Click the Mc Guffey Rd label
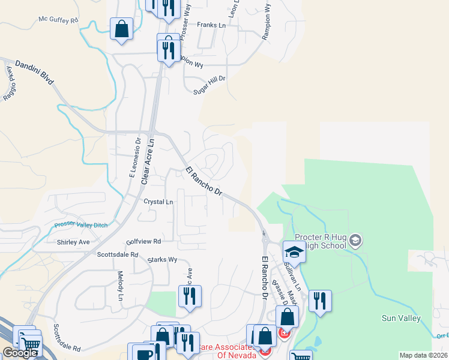[x=59, y=20]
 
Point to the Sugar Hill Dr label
[x=208, y=85]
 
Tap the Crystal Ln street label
[x=158, y=202]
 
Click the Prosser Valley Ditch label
[x=80, y=225]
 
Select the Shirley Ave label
[x=73, y=242]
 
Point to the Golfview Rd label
[x=144, y=241]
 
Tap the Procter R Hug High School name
[x=321, y=241]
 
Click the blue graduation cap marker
[x=294, y=251]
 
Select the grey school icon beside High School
[x=355, y=241]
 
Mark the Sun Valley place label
[x=400, y=318]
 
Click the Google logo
[x=20, y=353]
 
